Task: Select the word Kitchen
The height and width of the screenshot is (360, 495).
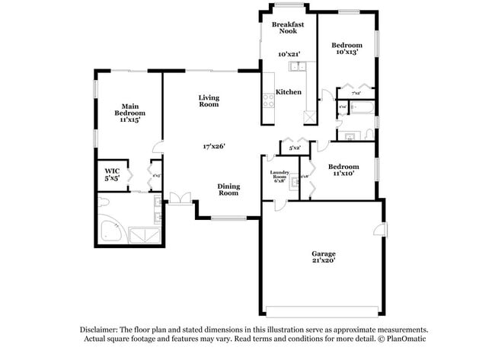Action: [289, 92]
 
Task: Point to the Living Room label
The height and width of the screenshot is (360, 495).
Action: [209, 100]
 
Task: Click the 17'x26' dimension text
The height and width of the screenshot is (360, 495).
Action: [214, 146]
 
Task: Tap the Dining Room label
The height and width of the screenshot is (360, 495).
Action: [228, 190]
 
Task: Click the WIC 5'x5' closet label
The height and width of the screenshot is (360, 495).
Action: [112, 174]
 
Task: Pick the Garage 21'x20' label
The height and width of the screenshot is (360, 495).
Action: [324, 257]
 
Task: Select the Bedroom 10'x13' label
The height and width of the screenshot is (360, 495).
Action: [346, 49]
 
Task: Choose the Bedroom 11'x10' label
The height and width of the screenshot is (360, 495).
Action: [343, 169]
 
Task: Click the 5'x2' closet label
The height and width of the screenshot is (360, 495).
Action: [295, 147]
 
